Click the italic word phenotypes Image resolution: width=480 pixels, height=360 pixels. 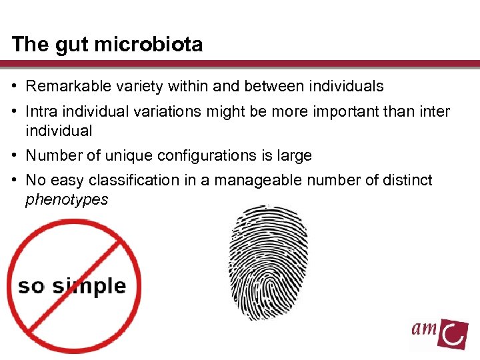[66, 199]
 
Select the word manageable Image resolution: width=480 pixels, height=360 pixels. [251, 180]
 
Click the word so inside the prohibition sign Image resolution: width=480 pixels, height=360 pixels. [31, 287]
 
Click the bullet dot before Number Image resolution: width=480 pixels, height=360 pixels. [15, 156]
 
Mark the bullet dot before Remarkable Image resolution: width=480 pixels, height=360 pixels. [15, 87]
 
